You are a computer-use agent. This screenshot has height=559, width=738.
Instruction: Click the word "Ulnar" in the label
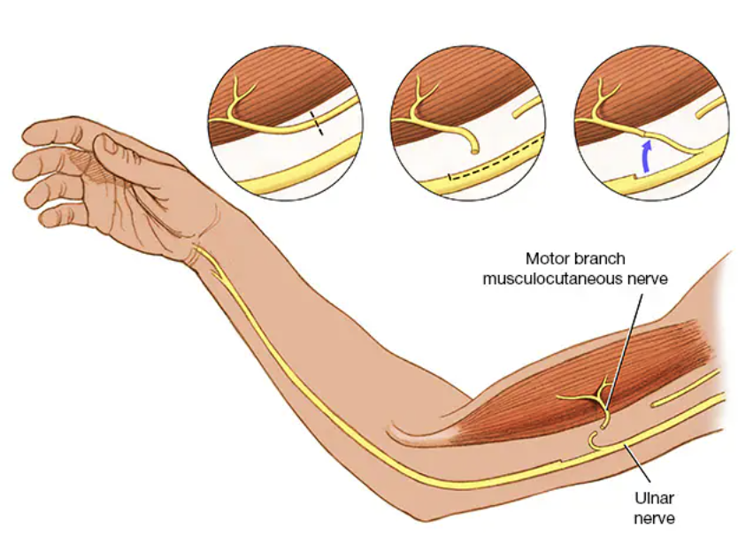654,497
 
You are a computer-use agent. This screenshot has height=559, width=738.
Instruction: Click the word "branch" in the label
601,259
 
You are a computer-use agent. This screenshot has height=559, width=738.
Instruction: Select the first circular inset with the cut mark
285,124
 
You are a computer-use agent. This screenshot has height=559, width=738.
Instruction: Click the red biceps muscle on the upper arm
566,389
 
